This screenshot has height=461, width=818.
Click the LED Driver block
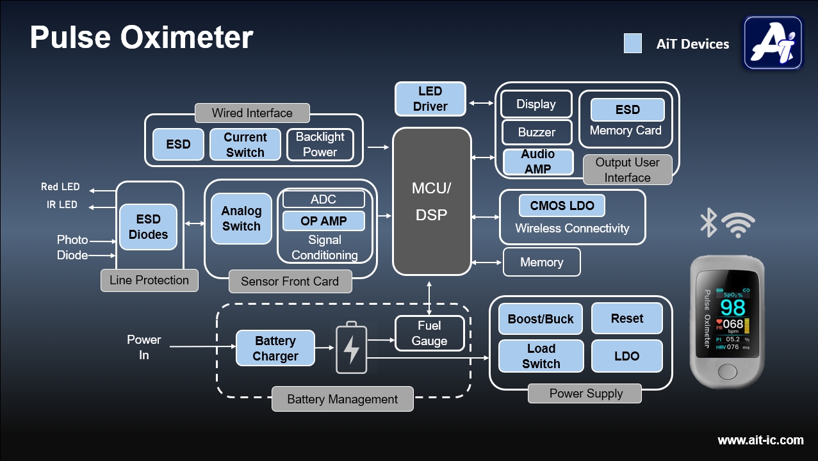[430, 99]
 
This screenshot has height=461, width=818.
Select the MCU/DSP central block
[432, 202]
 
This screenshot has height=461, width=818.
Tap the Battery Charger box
[275, 348]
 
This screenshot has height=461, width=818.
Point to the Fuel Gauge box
[429, 333]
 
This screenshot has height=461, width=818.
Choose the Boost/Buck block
[541, 319]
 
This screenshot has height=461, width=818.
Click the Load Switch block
[541, 356]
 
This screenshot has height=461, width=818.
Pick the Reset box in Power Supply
[626, 318]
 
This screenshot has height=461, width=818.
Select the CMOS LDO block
[562, 206]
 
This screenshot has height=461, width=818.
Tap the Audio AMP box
[537, 161]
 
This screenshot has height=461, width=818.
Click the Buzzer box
[536, 133]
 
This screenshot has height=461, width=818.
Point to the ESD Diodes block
[148, 227]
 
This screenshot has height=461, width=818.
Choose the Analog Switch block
[241, 218]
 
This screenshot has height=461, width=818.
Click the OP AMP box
[323, 221]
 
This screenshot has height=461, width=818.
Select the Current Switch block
[245, 145]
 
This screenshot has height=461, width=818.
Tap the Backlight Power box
[320, 145]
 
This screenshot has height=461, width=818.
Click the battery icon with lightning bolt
[352, 348]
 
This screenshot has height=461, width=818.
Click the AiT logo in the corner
[773, 43]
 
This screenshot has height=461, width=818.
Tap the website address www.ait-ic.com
[760, 440]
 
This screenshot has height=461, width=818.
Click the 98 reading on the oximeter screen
[732, 307]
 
